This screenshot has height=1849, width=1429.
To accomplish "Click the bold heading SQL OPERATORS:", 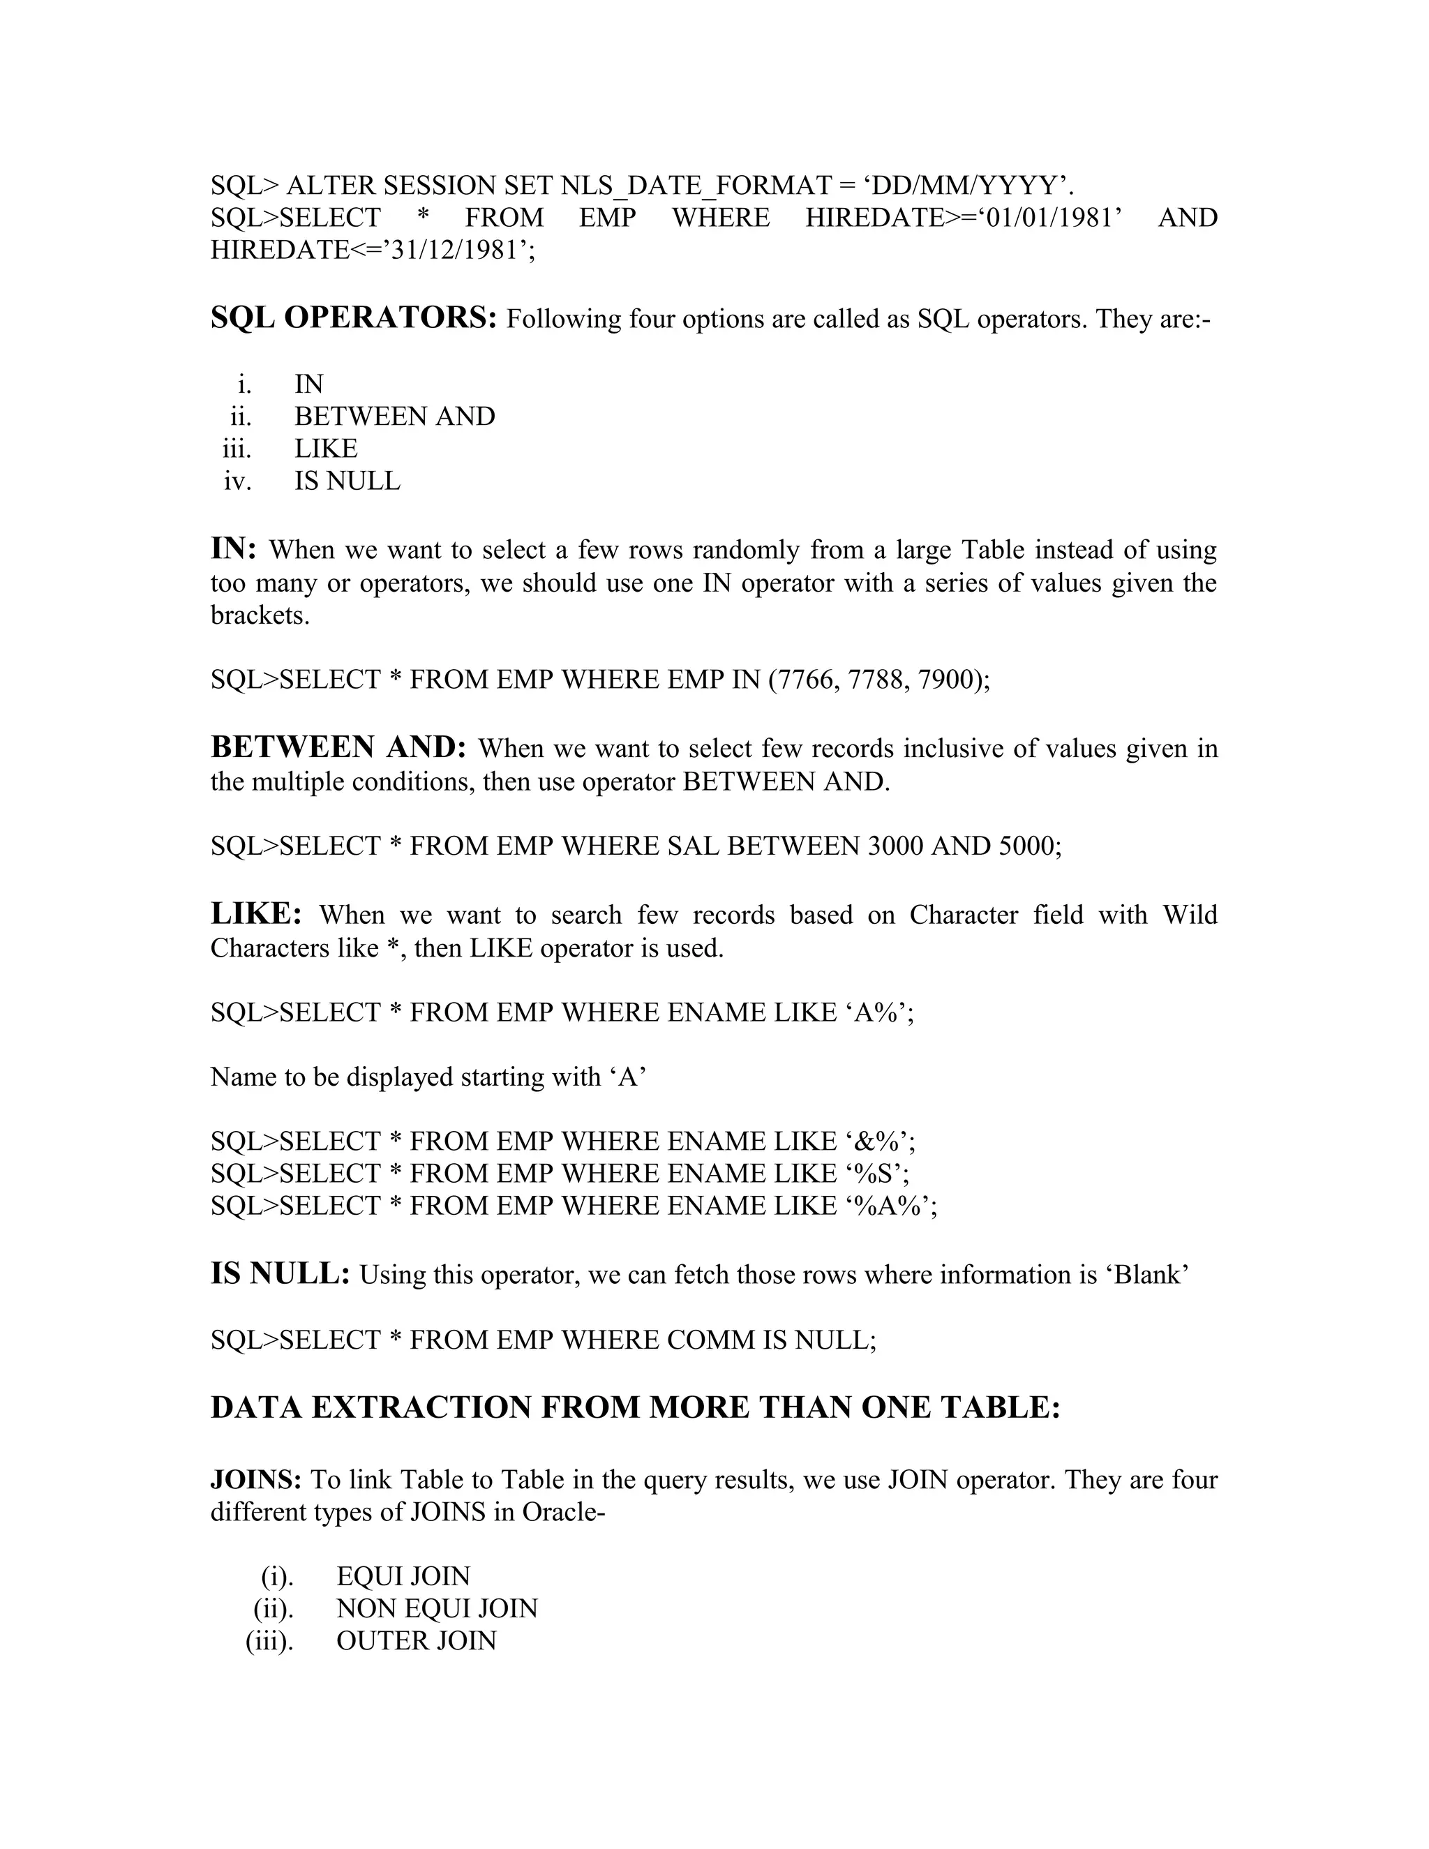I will coord(353,318).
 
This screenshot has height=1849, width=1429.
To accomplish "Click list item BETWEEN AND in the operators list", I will coord(394,417).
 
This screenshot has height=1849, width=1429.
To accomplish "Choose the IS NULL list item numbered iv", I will coord(347,481).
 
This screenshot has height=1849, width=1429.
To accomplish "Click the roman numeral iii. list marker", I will coord(237,449).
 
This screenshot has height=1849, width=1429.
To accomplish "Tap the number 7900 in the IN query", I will coord(948,680).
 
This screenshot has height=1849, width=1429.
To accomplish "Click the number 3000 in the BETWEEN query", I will coord(896,846).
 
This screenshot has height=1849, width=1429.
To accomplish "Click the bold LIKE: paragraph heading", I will coord(255,914).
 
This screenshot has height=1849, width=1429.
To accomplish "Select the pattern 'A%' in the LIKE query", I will coord(876,1012).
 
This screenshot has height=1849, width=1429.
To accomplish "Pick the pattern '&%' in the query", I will coord(876,1141).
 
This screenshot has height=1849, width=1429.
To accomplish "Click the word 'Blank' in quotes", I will coord(1148,1275).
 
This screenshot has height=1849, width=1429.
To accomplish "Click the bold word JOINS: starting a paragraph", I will coord(255,1480).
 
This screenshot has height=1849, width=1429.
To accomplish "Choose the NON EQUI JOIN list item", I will coord(437,1608).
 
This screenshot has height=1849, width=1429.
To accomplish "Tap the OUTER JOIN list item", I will coord(417,1641).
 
